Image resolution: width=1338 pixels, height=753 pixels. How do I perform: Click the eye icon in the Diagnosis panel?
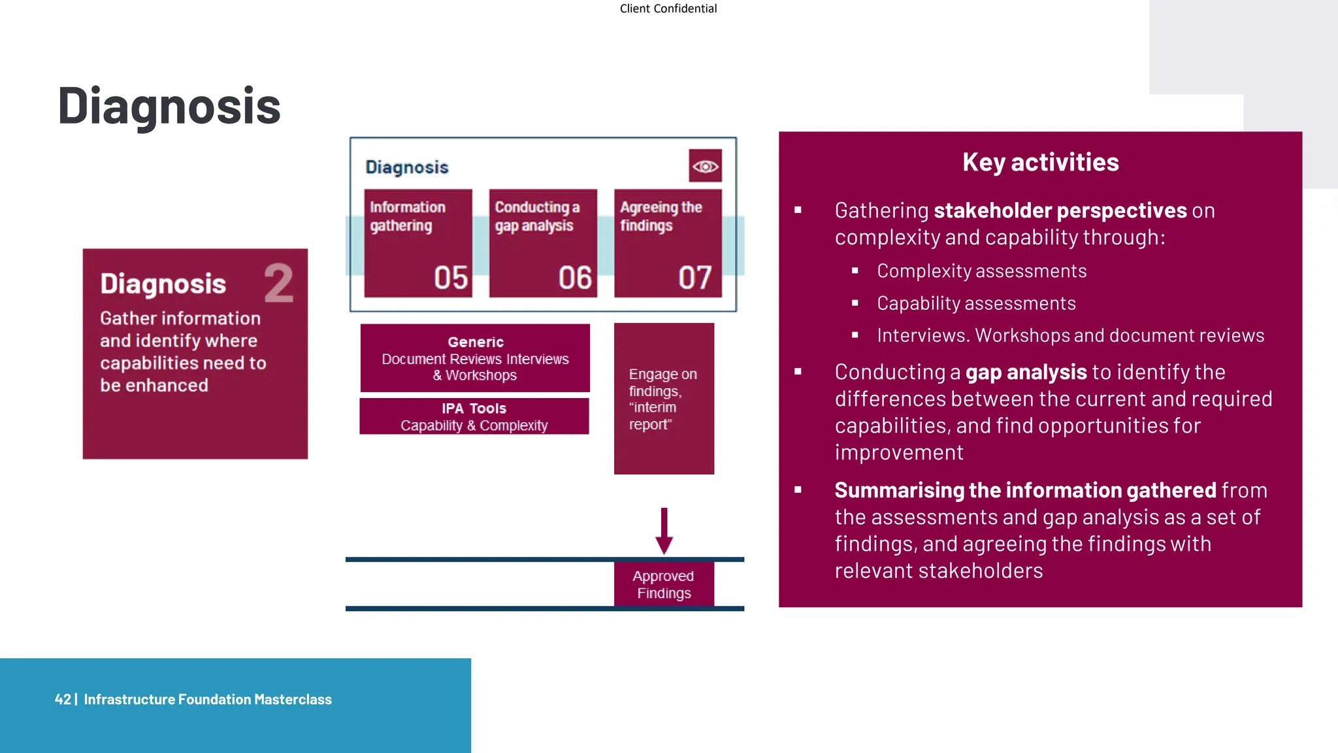click(705, 166)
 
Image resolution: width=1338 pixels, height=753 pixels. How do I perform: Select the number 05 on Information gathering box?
click(451, 278)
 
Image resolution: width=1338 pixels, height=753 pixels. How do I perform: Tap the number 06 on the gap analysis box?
click(575, 278)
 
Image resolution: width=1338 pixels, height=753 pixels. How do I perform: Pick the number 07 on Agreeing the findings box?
click(694, 278)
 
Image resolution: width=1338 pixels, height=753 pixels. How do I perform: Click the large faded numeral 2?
click(279, 283)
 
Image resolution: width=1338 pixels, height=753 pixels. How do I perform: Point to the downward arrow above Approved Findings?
click(664, 530)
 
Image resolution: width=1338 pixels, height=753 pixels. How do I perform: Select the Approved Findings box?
click(664, 584)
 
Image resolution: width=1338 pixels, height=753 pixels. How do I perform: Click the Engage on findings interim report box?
click(664, 399)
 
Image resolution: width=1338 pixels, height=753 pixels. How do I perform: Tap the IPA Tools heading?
click(474, 409)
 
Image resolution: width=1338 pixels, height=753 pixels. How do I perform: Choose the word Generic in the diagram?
click(476, 342)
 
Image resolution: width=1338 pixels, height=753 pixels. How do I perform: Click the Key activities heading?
click(1040, 162)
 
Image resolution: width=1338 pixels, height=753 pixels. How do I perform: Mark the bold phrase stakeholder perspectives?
click(1060, 210)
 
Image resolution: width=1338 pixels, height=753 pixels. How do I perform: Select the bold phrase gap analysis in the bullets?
click(1026, 372)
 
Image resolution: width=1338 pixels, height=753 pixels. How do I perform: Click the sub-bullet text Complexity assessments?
click(981, 271)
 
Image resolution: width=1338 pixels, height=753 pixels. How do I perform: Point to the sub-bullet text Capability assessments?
click(976, 303)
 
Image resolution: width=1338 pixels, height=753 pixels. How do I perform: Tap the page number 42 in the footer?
click(63, 699)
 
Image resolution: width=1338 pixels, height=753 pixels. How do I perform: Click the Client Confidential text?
click(668, 8)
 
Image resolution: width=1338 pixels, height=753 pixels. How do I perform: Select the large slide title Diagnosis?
click(169, 106)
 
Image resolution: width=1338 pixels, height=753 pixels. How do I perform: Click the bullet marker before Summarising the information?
click(798, 490)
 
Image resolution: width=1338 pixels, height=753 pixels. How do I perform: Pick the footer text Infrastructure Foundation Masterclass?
click(208, 699)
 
